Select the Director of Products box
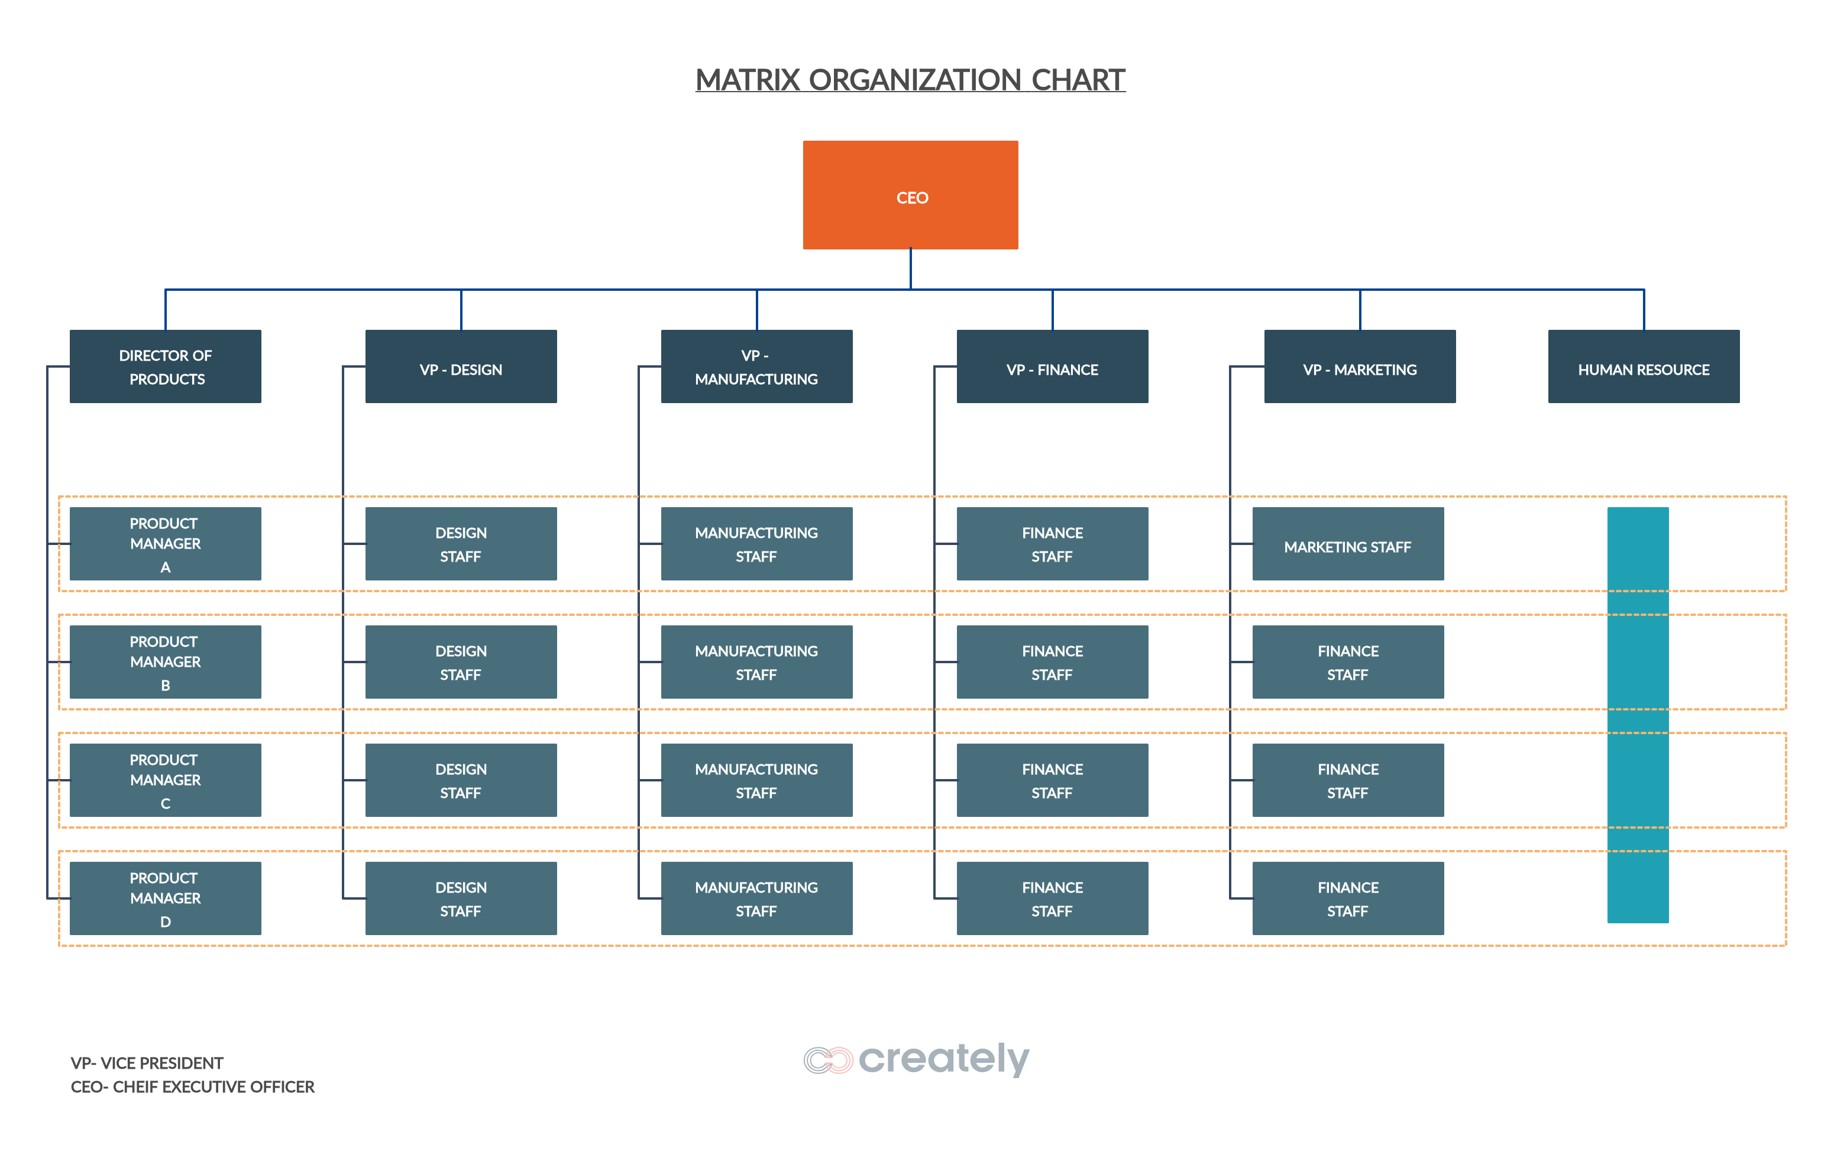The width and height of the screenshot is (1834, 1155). point(165,366)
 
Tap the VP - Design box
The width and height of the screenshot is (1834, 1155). point(461,366)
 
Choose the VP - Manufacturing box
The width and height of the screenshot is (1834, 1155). point(756,366)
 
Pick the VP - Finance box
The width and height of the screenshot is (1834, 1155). point(1052,366)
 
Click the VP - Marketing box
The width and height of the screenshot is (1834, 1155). point(1360,366)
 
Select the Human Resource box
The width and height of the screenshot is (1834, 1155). point(1644,366)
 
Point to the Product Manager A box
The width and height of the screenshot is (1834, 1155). point(165,544)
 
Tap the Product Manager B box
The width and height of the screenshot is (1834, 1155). point(165,661)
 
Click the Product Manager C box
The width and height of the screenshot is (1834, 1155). point(165,780)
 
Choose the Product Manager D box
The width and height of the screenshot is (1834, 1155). point(165,898)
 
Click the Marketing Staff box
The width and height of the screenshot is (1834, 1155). point(1347,544)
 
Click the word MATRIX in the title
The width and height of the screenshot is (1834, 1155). point(747,80)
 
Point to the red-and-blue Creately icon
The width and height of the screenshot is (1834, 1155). point(829,1060)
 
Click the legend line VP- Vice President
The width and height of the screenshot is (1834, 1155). point(147,1063)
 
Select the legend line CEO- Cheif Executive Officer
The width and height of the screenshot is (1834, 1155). point(192,1086)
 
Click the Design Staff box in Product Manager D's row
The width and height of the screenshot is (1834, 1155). point(461,898)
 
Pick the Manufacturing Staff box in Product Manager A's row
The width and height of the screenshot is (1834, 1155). point(756,544)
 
